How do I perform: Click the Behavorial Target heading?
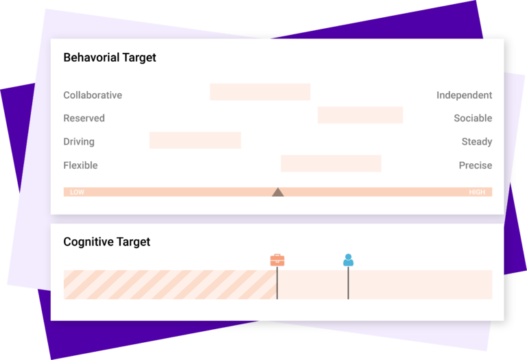[x=110, y=58]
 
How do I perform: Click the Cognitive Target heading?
[x=106, y=242]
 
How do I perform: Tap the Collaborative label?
[x=93, y=95]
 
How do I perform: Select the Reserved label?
[x=84, y=119]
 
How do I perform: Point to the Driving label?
[x=79, y=142]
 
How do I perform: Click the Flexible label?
[x=80, y=165]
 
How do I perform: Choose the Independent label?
[x=464, y=95]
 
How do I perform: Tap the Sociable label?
[x=473, y=119]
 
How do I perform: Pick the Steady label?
[x=477, y=142]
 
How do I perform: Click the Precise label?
[x=476, y=165]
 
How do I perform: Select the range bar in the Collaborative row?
[x=260, y=92]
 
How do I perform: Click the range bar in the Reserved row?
[x=360, y=115]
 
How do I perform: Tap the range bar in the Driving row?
[x=196, y=141]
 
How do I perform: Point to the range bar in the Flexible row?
[x=331, y=164]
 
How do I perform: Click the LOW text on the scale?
[x=77, y=193]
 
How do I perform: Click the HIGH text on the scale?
[x=477, y=193]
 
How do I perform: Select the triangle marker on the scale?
[x=278, y=192]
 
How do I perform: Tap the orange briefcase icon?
[x=277, y=260]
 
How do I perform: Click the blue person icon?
[x=348, y=260]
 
